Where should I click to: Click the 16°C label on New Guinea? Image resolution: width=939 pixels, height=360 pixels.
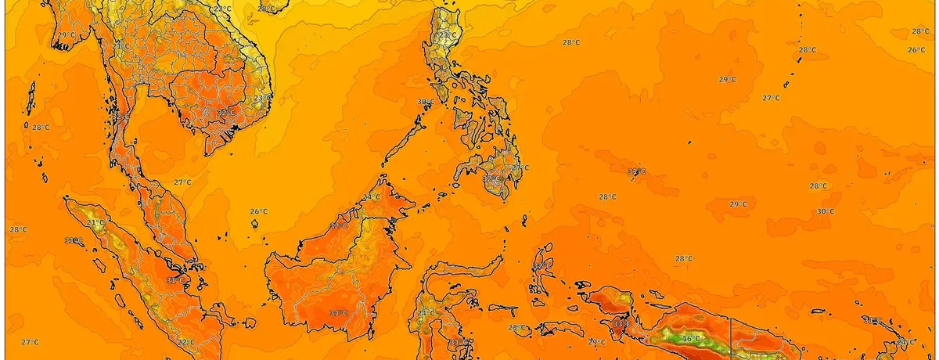[x=691, y=338]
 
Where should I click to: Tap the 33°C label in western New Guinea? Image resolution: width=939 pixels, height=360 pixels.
[x=622, y=323]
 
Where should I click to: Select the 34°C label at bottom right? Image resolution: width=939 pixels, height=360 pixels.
[x=905, y=342]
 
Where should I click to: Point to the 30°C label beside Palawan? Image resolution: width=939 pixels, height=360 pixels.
[x=426, y=102]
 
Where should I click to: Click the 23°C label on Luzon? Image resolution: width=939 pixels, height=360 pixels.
[x=447, y=34]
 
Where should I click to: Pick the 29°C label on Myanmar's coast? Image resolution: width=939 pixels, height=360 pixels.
[x=66, y=34]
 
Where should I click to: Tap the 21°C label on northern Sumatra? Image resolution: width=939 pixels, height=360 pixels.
[x=95, y=222]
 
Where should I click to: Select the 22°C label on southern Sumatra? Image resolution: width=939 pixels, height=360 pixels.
[x=185, y=342]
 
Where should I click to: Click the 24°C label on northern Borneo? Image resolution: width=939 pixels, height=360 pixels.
[x=371, y=196]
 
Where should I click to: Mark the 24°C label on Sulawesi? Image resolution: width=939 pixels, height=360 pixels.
[x=426, y=313]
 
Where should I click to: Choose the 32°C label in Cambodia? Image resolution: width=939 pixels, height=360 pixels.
[x=226, y=113]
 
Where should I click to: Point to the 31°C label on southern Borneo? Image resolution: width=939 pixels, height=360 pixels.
[x=338, y=313]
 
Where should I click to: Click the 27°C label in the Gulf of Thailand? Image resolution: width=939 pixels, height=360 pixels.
[x=182, y=182]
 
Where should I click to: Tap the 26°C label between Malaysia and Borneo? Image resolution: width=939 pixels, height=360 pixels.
[x=259, y=211]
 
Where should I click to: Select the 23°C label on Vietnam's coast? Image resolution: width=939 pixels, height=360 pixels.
[x=262, y=97]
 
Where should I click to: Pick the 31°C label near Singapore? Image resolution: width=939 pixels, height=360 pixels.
[x=175, y=279]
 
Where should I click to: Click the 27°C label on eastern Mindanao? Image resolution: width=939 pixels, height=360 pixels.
[x=516, y=167]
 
